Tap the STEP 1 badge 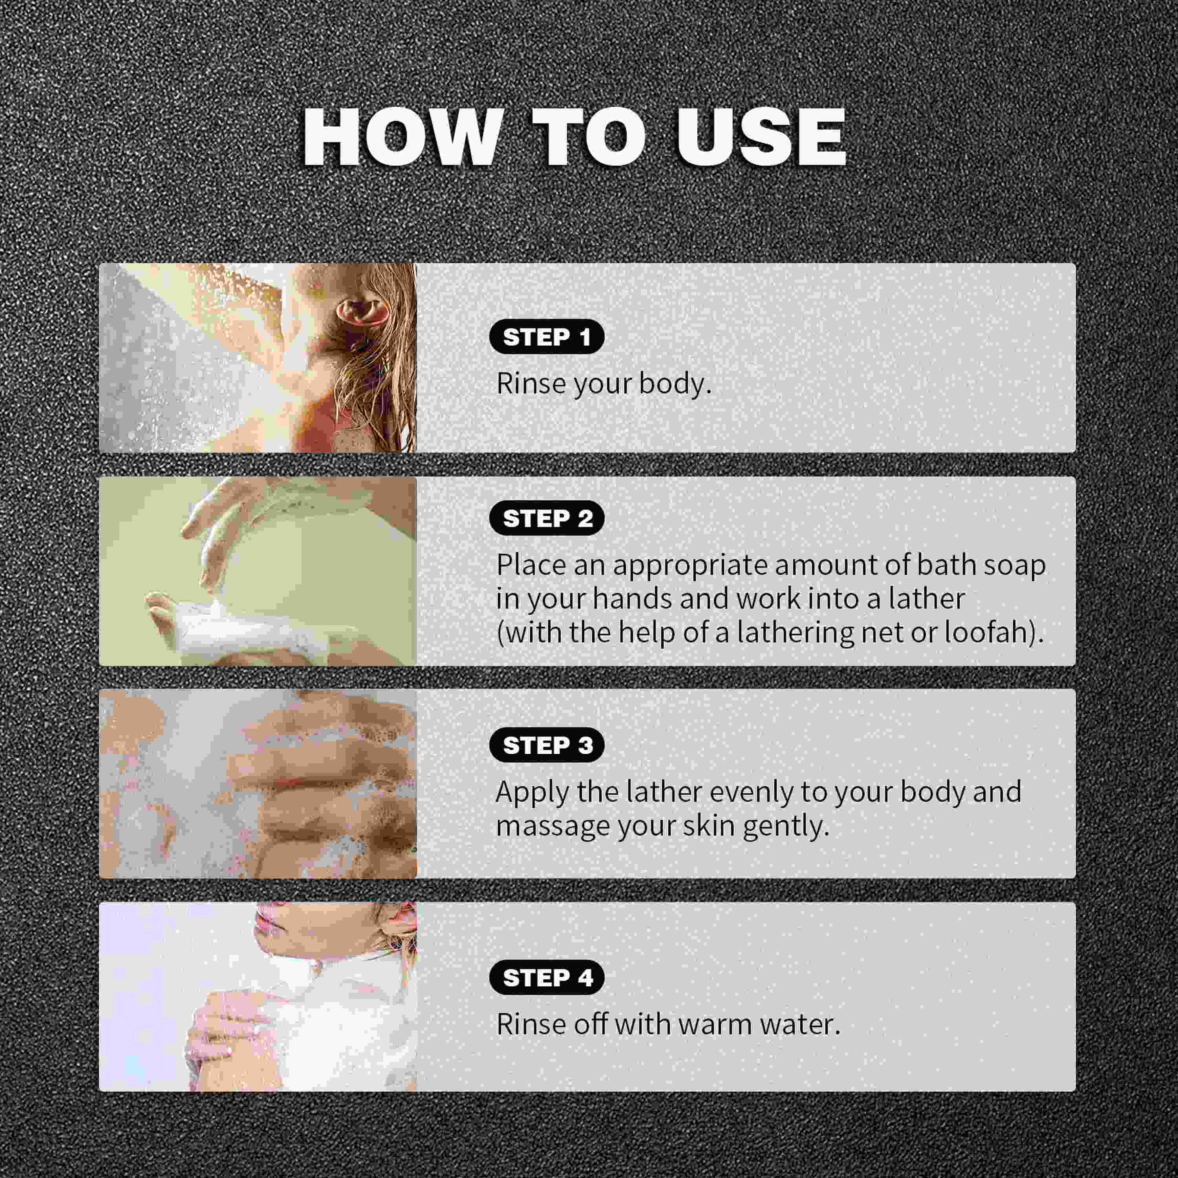pos(546,337)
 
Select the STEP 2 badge pos(546,518)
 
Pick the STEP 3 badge pos(546,745)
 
